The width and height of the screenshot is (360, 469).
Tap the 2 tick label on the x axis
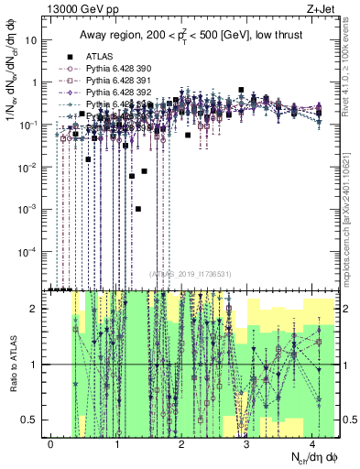click(182, 443)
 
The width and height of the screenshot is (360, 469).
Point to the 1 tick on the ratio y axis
click(40, 365)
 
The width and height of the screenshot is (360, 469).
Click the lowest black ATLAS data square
click(137, 209)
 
